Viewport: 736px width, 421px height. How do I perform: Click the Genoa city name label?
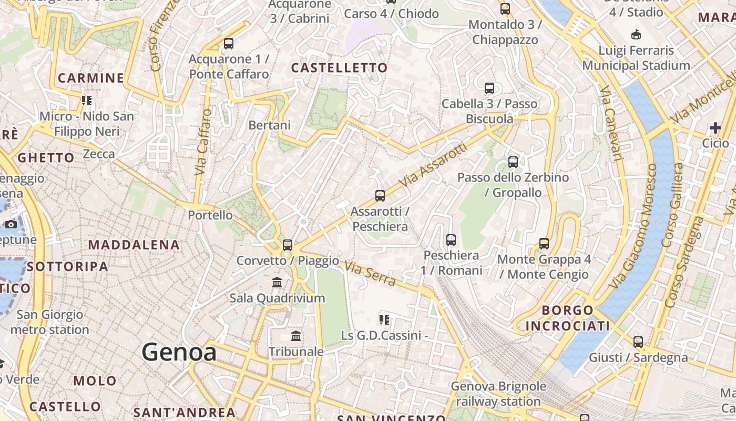click(179, 352)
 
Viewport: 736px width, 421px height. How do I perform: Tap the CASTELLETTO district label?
click(339, 68)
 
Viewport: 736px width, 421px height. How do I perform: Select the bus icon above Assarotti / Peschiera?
click(380, 196)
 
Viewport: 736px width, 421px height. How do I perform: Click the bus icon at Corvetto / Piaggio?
click(287, 245)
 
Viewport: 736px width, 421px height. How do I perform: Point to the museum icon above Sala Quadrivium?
click(277, 283)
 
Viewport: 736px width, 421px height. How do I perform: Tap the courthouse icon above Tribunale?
click(296, 336)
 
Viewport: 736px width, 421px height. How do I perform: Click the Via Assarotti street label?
click(433, 165)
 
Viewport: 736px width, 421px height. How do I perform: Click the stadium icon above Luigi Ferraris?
click(636, 35)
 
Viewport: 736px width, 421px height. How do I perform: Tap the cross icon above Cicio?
click(715, 128)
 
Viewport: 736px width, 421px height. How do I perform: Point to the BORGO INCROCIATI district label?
click(567, 318)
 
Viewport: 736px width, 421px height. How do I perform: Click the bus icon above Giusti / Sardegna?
click(638, 342)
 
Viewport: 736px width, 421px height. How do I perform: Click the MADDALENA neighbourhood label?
click(134, 245)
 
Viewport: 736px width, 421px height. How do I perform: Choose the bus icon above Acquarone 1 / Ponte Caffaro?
click(228, 44)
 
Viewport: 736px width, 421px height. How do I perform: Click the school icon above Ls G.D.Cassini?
click(384, 319)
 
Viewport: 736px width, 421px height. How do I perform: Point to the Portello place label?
click(210, 215)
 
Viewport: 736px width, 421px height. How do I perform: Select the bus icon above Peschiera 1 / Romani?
click(451, 240)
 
